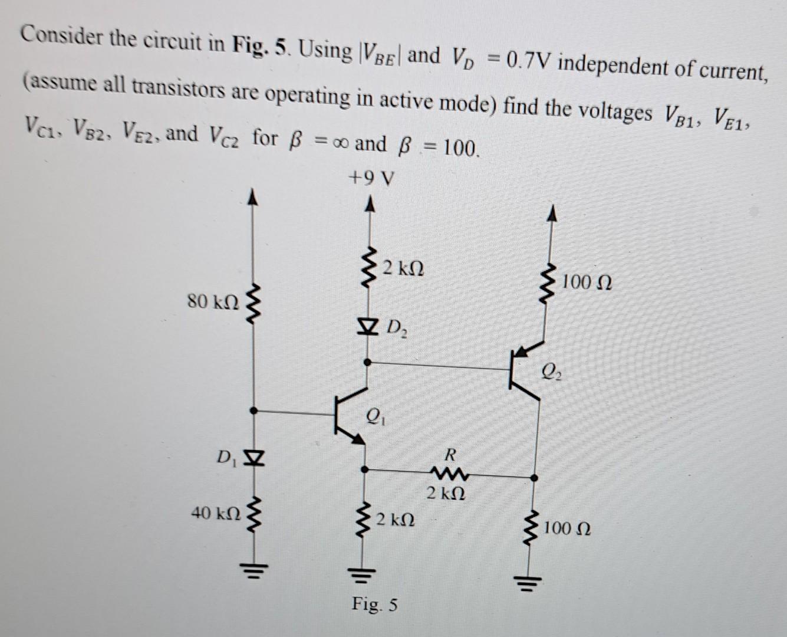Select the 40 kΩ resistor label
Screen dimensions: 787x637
tap(216, 513)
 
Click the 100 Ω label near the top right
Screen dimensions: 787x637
tap(587, 284)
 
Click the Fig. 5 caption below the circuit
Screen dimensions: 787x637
tap(375, 605)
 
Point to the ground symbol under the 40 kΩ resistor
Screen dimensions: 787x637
tap(254, 570)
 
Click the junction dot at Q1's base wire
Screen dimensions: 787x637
tap(253, 411)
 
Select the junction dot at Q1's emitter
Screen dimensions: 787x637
tap(365, 470)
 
